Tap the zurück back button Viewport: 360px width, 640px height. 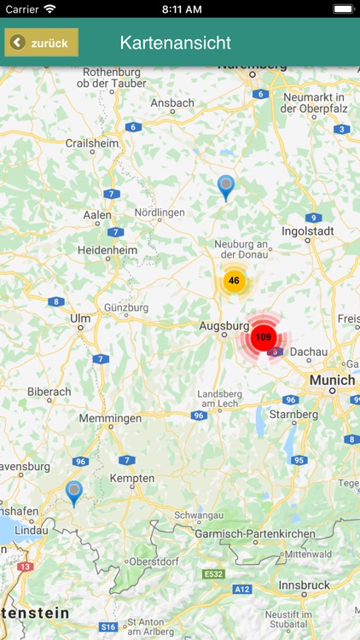coord(41,43)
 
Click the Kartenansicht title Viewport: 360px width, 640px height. coord(176,43)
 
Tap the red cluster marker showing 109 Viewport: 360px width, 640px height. coord(263,338)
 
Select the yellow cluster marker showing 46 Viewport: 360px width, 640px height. coord(234,281)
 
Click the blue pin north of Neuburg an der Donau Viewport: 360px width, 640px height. coord(226,186)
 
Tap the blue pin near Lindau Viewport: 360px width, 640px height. coord(74,492)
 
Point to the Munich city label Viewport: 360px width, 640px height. coord(332,380)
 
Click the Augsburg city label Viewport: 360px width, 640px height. coord(224,325)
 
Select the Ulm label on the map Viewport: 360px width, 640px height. coord(80,318)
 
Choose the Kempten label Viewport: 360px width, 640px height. coord(132,479)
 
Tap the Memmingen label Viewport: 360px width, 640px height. coord(110,419)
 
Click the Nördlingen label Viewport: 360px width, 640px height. coord(160,212)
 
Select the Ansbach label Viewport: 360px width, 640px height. coord(172,103)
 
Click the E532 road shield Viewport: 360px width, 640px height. coord(213,574)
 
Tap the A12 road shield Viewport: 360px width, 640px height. coord(244,589)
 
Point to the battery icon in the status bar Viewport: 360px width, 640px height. coord(343,9)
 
